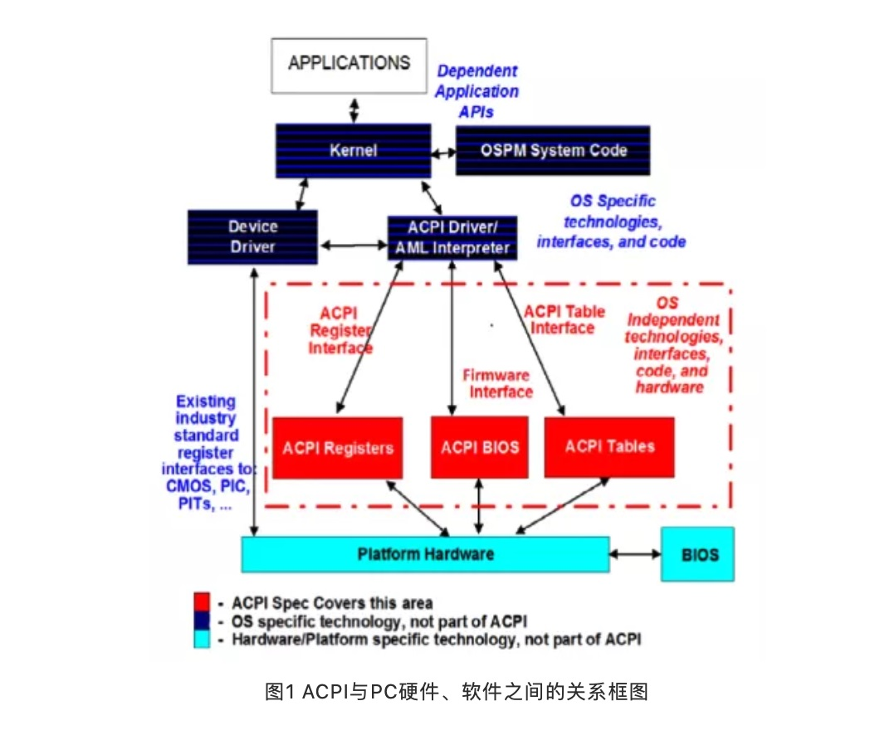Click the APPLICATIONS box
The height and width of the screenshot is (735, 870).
coord(349,66)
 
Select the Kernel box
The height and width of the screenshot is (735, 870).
coord(354,151)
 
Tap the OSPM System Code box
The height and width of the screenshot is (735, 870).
coord(553,151)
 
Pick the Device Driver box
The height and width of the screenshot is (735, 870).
coord(252,236)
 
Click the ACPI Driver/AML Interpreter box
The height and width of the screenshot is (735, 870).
coord(452,238)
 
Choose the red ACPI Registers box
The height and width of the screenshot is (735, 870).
coord(337,448)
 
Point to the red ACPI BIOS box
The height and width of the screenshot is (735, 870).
coord(479,447)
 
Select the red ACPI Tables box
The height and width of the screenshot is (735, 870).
coord(609,447)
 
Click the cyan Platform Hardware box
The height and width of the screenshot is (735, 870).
coord(425,554)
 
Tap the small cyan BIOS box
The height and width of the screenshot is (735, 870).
coord(697,554)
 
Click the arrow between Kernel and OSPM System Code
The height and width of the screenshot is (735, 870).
coord(443,153)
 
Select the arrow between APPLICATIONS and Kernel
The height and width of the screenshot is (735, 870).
coord(354,110)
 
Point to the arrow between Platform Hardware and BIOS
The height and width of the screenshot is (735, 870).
coord(635,554)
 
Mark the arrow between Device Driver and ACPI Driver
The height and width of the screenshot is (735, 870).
coord(353,245)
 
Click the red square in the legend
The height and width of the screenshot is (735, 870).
coord(202,602)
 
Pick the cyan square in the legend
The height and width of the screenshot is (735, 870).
coord(202,639)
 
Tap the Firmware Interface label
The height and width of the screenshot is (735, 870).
coord(498,383)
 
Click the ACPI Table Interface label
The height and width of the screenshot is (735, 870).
coord(565,320)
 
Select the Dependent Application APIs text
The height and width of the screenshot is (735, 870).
coord(477,91)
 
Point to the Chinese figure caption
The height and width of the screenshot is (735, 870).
coord(456,692)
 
